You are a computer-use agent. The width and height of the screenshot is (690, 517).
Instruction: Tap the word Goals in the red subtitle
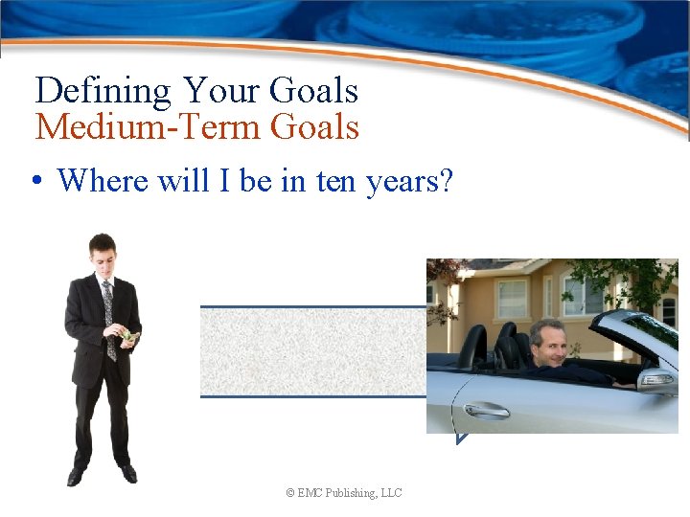[315, 126]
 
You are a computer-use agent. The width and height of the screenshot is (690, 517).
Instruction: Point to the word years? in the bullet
[410, 180]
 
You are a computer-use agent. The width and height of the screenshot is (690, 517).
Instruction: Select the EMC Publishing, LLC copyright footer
[344, 493]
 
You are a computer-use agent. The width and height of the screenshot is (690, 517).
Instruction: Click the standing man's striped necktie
[108, 316]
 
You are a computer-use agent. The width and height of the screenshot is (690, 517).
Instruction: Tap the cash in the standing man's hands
[128, 336]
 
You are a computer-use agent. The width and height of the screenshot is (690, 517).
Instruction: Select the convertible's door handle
[487, 410]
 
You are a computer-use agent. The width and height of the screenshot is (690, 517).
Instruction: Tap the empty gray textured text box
[312, 351]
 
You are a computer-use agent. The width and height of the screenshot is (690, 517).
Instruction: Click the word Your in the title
[225, 92]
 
